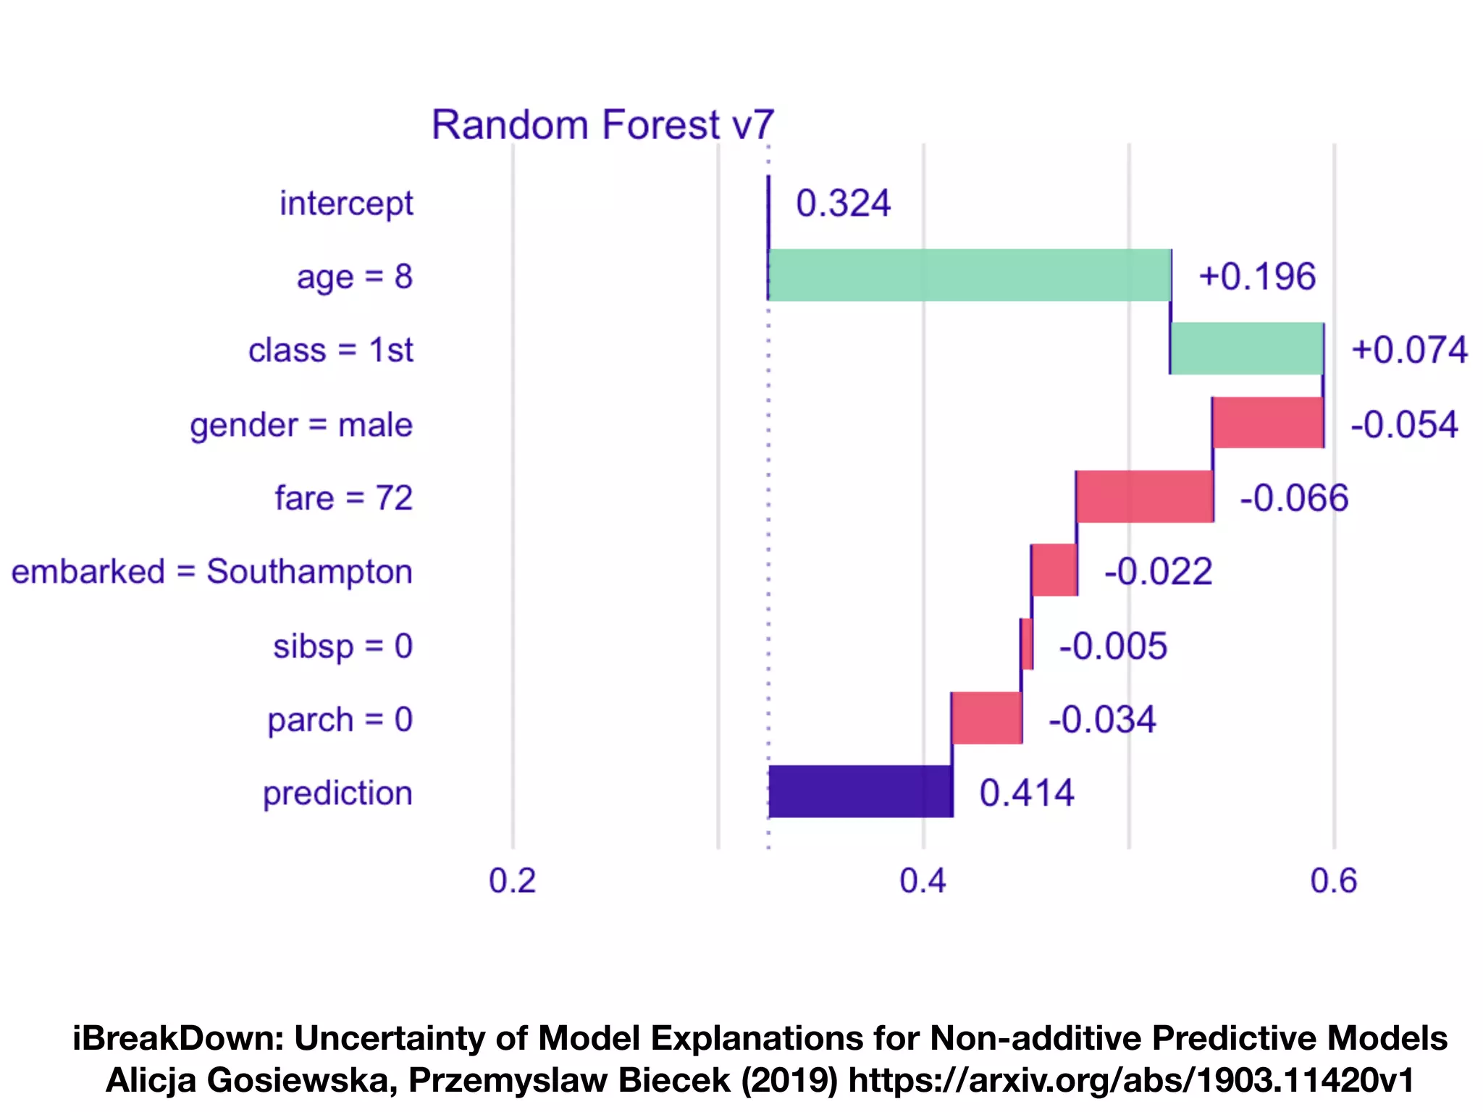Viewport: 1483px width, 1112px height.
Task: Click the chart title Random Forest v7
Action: point(602,125)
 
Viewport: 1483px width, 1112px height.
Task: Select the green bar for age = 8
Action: point(969,275)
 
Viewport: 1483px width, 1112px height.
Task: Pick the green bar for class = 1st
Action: point(1247,349)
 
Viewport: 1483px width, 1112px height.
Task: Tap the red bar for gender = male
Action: point(1268,423)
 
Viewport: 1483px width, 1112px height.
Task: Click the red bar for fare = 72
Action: point(1145,497)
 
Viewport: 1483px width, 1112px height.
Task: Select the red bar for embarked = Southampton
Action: point(1054,570)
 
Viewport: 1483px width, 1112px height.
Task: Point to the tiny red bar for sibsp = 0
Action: point(1027,644)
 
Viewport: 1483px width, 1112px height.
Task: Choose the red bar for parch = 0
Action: point(986,718)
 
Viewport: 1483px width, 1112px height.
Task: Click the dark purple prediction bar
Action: point(860,792)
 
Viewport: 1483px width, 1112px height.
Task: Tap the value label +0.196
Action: point(1256,277)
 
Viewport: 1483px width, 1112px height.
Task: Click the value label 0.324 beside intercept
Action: point(843,203)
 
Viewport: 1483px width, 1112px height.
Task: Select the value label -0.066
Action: point(1294,498)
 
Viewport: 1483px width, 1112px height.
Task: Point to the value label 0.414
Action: point(1026,793)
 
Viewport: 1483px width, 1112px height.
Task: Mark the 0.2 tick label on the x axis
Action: point(512,881)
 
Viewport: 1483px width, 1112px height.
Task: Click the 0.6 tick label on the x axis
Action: point(1333,881)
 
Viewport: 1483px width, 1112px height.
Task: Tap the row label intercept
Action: point(346,203)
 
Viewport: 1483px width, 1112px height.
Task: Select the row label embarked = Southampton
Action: point(211,572)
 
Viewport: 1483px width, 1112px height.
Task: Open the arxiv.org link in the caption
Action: point(1130,1080)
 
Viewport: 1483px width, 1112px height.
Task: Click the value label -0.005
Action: point(1113,646)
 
